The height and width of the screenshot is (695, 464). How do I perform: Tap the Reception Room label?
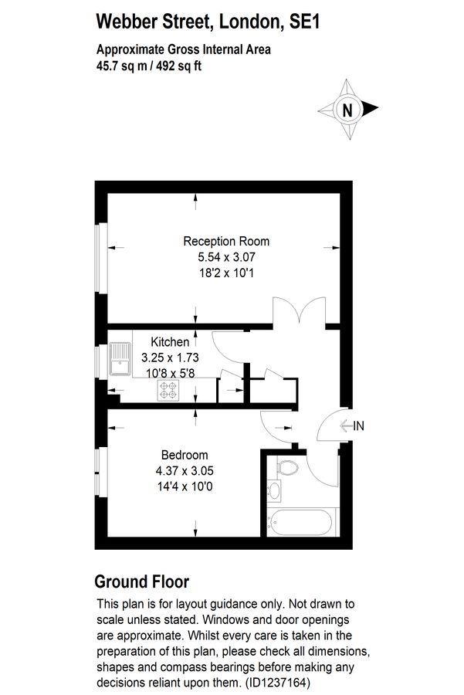226,241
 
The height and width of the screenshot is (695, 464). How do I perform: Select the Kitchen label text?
170,342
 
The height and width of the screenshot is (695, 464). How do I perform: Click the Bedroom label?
185,455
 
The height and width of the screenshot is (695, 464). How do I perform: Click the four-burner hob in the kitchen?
168,391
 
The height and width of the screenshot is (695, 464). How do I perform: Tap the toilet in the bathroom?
286,469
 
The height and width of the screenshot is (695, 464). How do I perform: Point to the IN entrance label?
358,425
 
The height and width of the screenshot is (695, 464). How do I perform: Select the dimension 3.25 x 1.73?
170,358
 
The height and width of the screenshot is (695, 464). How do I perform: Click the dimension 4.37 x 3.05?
185,470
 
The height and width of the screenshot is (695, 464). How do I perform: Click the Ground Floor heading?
141,581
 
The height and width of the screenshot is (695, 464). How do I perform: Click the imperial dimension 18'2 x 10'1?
226,272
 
